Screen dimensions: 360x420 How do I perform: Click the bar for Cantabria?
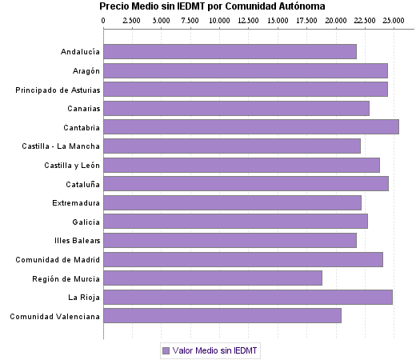point(251,126)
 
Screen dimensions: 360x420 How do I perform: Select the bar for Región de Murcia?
point(213,278)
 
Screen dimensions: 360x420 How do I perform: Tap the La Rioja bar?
point(248,297)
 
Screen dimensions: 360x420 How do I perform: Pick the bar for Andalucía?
point(230,52)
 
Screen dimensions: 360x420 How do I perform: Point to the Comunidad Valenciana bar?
point(222,316)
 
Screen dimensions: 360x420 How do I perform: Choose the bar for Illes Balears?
point(230,240)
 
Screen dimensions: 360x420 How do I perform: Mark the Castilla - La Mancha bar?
point(232,146)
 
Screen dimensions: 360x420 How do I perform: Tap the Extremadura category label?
point(76,202)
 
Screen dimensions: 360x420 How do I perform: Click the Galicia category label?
point(86,222)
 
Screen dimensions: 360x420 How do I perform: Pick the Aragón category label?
point(84,70)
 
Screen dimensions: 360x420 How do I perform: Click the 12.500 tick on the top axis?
point(248,20)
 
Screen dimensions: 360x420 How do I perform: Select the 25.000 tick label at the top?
point(393,20)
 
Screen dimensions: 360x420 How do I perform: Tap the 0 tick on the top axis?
point(103,20)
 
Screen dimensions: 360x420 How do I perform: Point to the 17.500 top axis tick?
point(306,20)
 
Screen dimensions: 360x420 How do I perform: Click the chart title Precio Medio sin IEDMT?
point(212,6)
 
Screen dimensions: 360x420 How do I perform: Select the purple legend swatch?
point(166,350)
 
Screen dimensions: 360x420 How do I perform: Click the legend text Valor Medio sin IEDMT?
point(215,350)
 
